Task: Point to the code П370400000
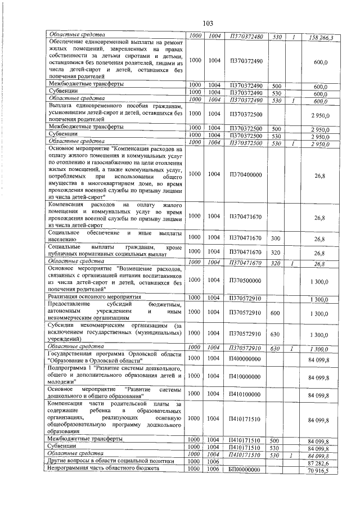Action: point(246,175)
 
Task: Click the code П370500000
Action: point(246,280)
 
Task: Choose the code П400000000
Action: point(246,358)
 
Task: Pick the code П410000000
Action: point(246,375)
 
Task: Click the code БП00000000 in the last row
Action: point(246,469)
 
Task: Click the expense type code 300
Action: point(276,238)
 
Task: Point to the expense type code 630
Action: point(276,334)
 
